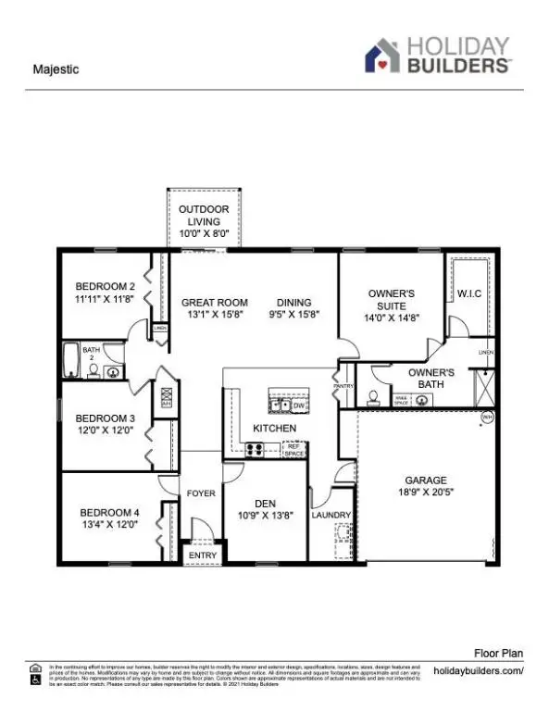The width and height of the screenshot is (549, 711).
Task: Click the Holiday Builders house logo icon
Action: (x=381, y=56)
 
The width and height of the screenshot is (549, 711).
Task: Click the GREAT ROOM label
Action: (x=214, y=303)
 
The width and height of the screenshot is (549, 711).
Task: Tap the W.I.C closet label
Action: (x=469, y=294)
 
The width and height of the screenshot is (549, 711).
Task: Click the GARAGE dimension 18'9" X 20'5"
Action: (x=426, y=493)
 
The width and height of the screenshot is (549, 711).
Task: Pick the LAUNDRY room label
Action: (x=331, y=516)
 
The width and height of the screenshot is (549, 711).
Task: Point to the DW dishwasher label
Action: (x=298, y=405)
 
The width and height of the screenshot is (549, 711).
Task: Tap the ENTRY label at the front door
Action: (x=202, y=555)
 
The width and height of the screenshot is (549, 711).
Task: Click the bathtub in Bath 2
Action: (x=71, y=358)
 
